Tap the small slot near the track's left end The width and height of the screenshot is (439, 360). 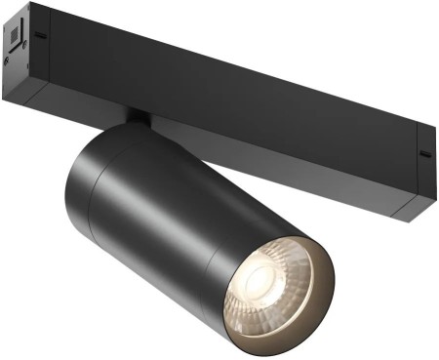click(41, 36)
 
